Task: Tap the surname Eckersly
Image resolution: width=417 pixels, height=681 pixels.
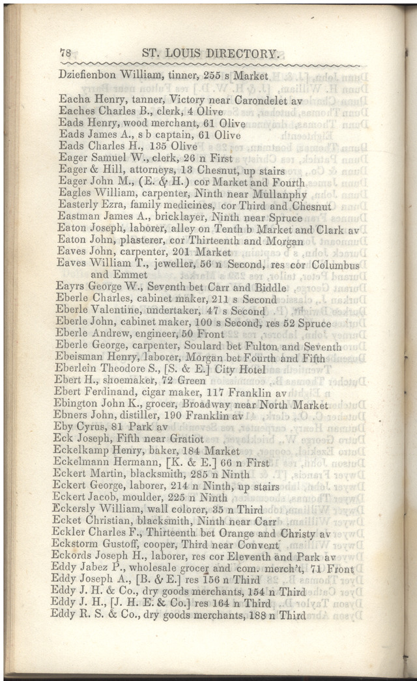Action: coord(81,509)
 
